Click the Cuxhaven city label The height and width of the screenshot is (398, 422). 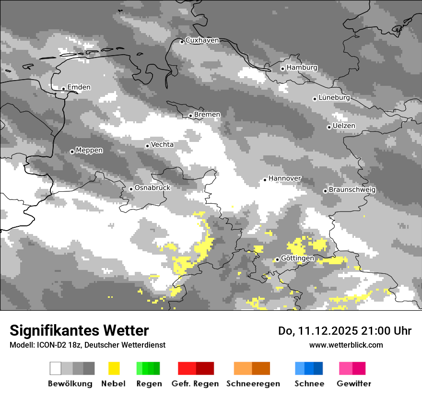click(202, 40)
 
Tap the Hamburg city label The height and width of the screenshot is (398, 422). click(302, 68)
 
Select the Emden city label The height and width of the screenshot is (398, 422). click(79, 87)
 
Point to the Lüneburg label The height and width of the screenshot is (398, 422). click(334, 98)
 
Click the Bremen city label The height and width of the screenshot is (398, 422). click(207, 115)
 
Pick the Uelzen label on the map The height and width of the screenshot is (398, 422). click(344, 126)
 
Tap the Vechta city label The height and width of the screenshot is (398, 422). click(162, 144)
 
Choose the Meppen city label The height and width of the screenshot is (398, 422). click(89, 151)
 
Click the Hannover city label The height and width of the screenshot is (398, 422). click(284, 178)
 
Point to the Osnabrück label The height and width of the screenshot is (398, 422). click(152, 188)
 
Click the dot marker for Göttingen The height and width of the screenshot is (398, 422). click(277, 259)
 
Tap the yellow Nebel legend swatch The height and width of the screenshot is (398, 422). click(114, 368)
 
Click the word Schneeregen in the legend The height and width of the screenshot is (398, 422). click(253, 384)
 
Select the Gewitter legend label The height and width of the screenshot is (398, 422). click(353, 384)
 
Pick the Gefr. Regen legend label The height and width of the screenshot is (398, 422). click(195, 384)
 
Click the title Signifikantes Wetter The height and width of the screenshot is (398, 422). click(79, 330)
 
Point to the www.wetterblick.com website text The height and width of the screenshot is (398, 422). click(346, 345)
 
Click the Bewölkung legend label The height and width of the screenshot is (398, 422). click(70, 384)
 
